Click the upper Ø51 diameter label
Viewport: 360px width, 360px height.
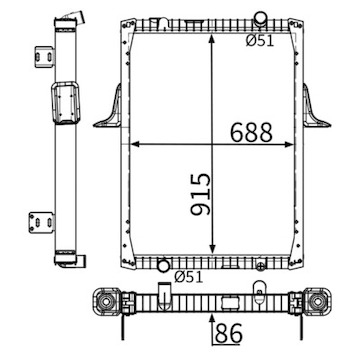pos(263,40)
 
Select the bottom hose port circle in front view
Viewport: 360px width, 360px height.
pos(162,266)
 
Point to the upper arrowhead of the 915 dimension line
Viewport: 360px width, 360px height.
pos(212,24)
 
